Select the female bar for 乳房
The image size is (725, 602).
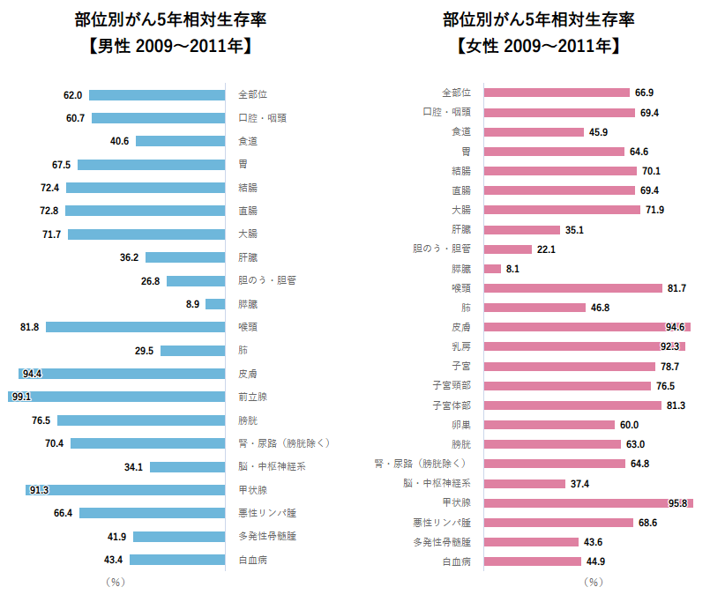[x=585, y=346]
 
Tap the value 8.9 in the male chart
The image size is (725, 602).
[x=192, y=304]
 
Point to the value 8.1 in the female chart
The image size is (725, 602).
[x=513, y=268]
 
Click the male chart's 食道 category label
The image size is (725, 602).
[x=248, y=141]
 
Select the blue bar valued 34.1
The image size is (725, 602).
[x=188, y=466]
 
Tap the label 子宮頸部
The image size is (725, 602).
[x=452, y=385]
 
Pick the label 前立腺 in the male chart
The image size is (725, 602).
[x=252, y=397]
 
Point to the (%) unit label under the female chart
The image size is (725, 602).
[x=594, y=582]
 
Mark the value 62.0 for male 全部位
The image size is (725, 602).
[x=72, y=95]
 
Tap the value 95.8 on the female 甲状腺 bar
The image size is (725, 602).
[x=678, y=502]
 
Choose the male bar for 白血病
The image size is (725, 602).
[x=176, y=559]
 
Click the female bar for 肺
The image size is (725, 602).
[x=535, y=308]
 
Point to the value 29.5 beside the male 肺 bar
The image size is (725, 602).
[x=145, y=351]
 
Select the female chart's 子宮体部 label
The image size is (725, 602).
[x=452, y=405]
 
